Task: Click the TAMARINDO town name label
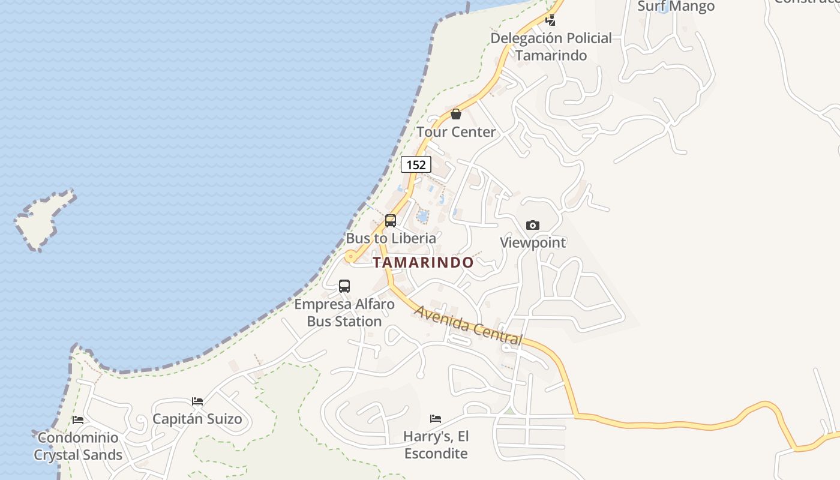423,262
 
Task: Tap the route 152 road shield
416,164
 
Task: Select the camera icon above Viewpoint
532,226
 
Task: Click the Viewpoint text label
533,242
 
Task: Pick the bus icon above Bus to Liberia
391,221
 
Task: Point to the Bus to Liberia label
391,238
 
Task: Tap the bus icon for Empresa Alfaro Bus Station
344,286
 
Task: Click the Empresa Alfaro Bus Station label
344,313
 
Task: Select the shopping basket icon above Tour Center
456,114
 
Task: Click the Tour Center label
456,132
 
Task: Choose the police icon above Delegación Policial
550,20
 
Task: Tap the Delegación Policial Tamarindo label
551,47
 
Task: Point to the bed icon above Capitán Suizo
197,401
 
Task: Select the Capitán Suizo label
197,419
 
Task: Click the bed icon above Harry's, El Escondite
436,418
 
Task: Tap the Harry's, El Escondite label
436,445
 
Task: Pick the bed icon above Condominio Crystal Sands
78,420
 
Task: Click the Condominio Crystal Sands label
78,446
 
